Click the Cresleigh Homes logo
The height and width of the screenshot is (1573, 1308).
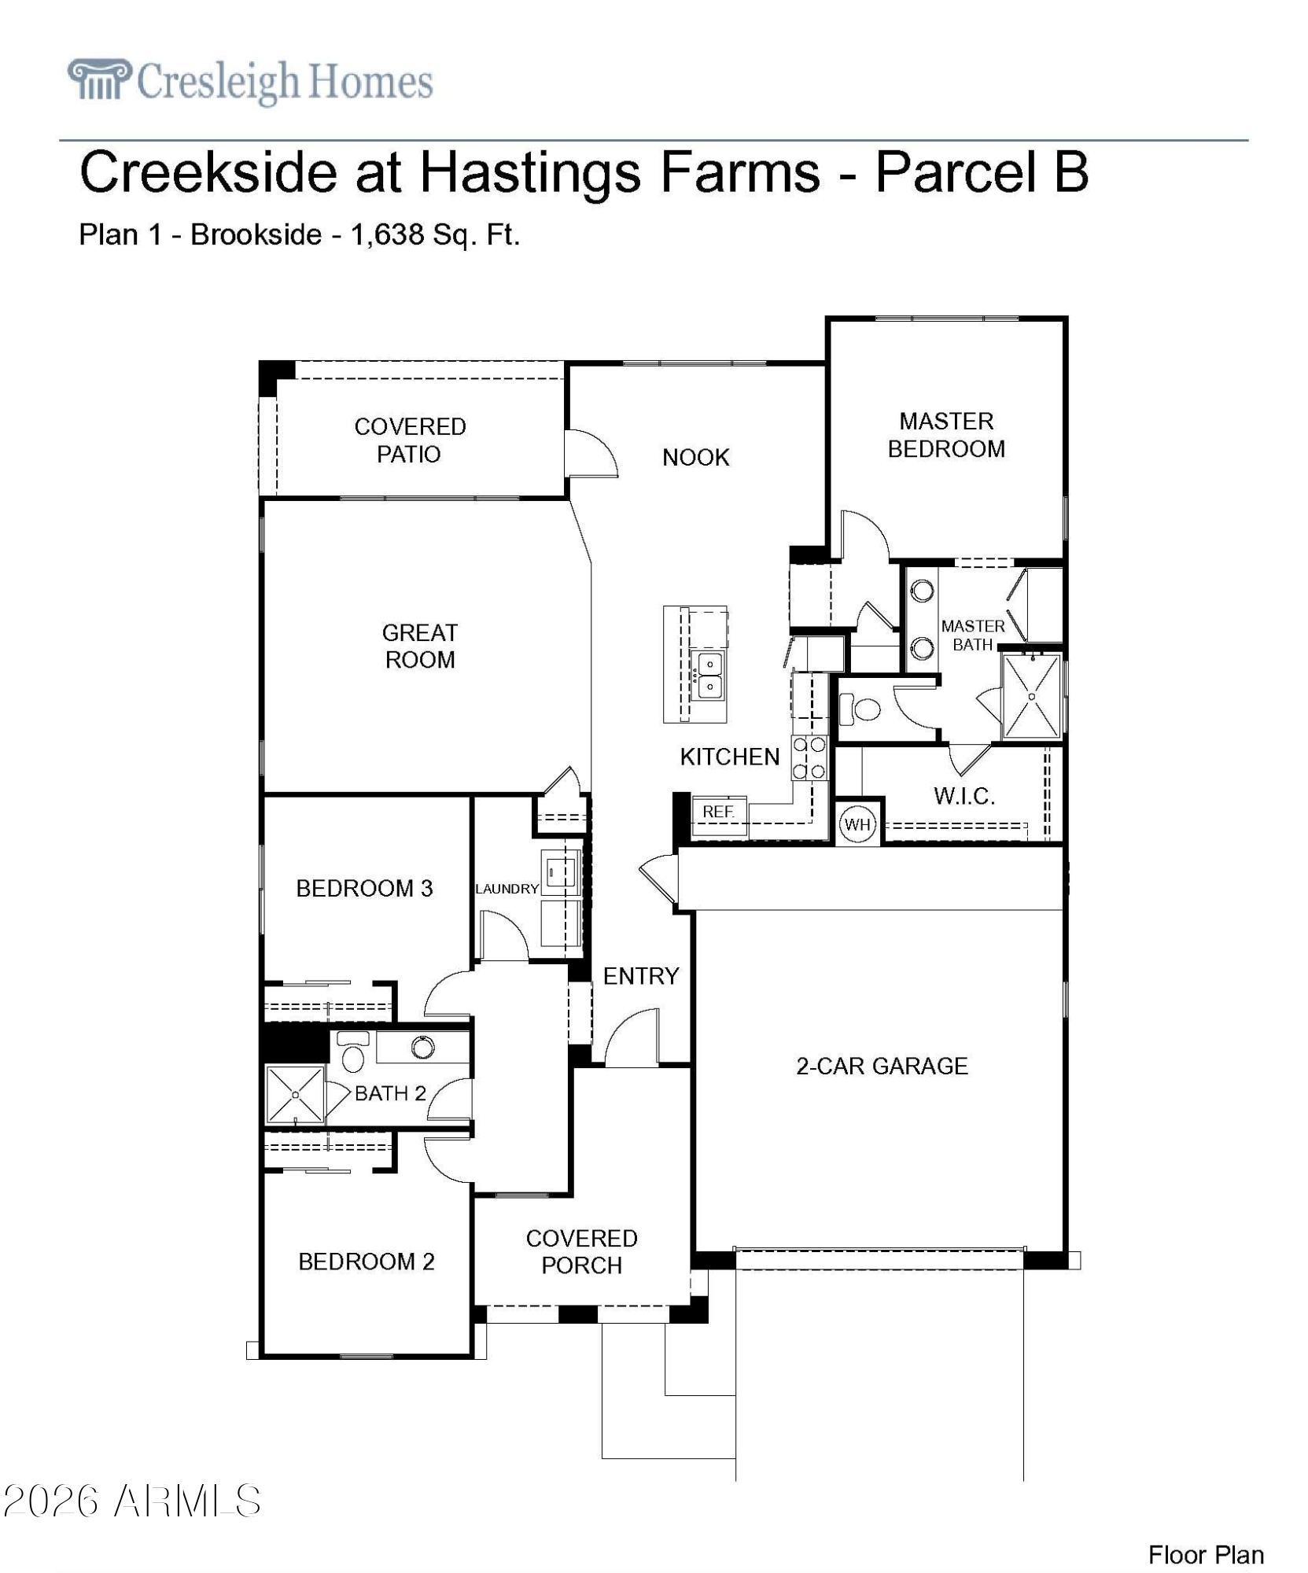(250, 81)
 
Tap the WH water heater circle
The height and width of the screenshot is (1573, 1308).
(857, 824)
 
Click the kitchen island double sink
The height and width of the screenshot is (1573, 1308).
(709, 675)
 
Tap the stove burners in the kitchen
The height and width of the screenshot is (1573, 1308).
(809, 757)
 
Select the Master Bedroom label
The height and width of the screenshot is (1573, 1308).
(946, 435)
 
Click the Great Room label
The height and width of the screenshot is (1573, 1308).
(420, 646)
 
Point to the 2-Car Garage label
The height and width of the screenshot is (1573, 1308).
(882, 1066)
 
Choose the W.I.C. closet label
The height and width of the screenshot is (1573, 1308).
(964, 796)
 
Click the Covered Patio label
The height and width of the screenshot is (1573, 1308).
(410, 440)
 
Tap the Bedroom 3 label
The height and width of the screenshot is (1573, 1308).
(364, 888)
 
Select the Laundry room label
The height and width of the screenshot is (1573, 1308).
(507, 889)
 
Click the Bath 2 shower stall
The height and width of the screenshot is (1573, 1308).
(295, 1094)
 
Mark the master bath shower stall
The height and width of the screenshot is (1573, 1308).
(1032, 696)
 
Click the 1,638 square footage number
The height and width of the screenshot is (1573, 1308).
(388, 234)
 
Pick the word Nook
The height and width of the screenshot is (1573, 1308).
(696, 457)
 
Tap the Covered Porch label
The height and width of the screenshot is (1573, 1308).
(582, 1251)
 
